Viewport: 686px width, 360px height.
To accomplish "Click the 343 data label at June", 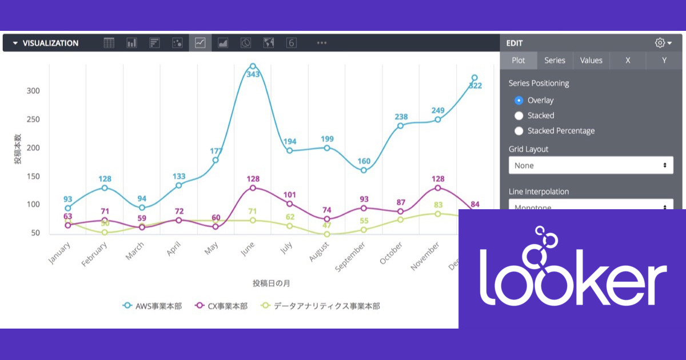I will click(253, 74).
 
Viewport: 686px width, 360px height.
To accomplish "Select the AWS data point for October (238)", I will click(400, 126).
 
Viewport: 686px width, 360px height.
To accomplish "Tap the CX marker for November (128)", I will click(437, 188).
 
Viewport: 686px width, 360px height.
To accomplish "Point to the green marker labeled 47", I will click(327, 234).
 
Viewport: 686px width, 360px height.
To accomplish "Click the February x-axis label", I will click(94, 254).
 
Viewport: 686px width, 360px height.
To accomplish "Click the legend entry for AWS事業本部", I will click(153, 306).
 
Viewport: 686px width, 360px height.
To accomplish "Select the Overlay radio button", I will click(519, 101).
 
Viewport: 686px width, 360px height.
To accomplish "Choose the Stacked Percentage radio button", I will click(519, 131).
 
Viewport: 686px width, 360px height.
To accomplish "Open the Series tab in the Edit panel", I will click(555, 61).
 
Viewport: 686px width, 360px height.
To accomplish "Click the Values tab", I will click(591, 61).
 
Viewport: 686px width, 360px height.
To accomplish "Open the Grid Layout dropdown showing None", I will click(591, 165).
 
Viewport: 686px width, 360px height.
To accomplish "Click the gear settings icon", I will click(660, 43).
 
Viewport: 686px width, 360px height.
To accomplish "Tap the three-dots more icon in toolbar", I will click(322, 43).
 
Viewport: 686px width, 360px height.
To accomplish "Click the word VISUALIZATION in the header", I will click(50, 43).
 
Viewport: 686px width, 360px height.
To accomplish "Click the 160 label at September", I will click(364, 161).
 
